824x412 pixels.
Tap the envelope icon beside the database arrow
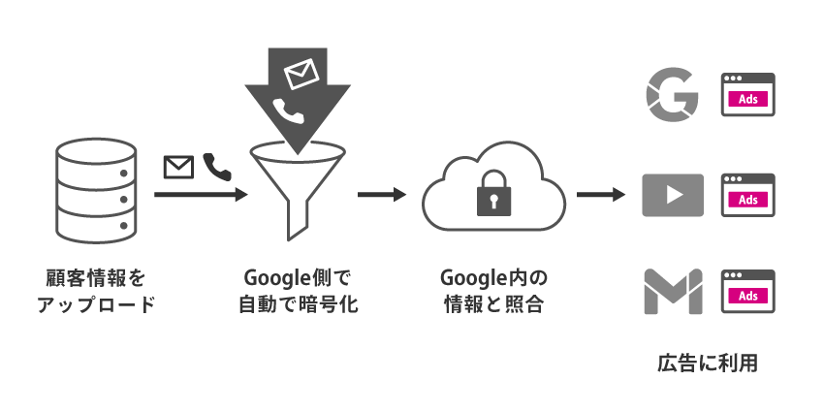(x=177, y=168)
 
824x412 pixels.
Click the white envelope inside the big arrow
(x=301, y=74)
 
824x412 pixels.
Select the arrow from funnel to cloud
(x=380, y=195)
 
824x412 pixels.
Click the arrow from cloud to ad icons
(x=601, y=195)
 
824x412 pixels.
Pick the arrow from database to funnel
(x=199, y=195)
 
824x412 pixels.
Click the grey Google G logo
(x=673, y=96)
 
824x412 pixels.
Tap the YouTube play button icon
(x=673, y=196)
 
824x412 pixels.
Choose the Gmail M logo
(x=673, y=292)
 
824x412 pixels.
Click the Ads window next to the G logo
(x=747, y=96)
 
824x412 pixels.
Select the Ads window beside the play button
(x=747, y=196)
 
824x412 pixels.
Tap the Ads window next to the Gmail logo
(x=747, y=292)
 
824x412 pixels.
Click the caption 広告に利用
(x=707, y=364)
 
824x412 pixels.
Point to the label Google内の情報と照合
(x=492, y=292)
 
